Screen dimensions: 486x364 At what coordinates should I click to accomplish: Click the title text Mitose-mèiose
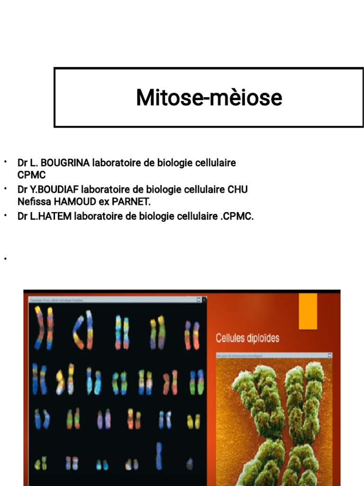[x=209, y=97]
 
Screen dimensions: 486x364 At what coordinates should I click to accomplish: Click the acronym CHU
[x=237, y=189]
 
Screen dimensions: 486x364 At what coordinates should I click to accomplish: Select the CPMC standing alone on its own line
[x=31, y=175]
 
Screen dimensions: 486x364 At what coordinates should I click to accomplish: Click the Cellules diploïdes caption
[x=247, y=338]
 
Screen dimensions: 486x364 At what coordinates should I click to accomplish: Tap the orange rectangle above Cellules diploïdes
[x=308, y=311]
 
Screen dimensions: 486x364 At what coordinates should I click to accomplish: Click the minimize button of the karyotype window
[x=198, y=300]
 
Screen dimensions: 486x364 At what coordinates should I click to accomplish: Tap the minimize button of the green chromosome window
[x=329, y=355]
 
